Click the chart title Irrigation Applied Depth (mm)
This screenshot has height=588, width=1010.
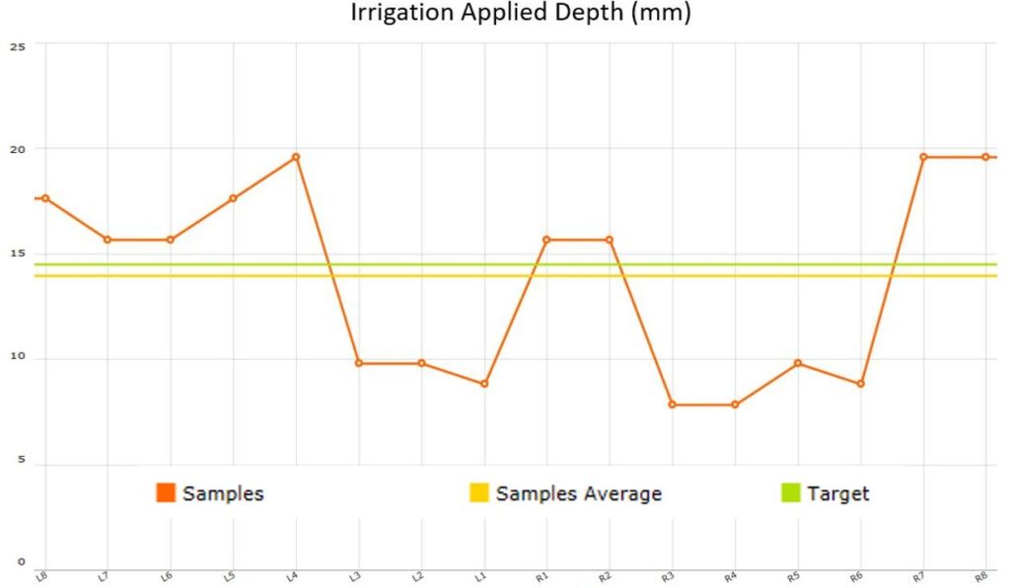(521, 15)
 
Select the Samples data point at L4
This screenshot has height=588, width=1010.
(296, 157)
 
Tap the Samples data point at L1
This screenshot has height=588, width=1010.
(484, 384)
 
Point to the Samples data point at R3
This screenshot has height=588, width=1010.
(673, 404)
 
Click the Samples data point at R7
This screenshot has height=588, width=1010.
(923, 157)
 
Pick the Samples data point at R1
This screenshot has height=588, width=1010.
(546, 240)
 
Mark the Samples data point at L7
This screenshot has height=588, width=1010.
(108, 240)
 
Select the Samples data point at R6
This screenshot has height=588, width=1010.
(861, 384)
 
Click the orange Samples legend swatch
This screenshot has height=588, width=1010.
(166, 492)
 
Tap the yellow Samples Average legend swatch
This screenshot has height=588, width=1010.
(478, 492)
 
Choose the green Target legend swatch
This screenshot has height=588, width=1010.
(790, 492)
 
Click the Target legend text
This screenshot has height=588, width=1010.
(838, 493)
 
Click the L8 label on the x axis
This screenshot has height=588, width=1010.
(42, 575)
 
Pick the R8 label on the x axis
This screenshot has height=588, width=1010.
(981, 575)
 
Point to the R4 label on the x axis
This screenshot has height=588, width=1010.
(731, 575)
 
